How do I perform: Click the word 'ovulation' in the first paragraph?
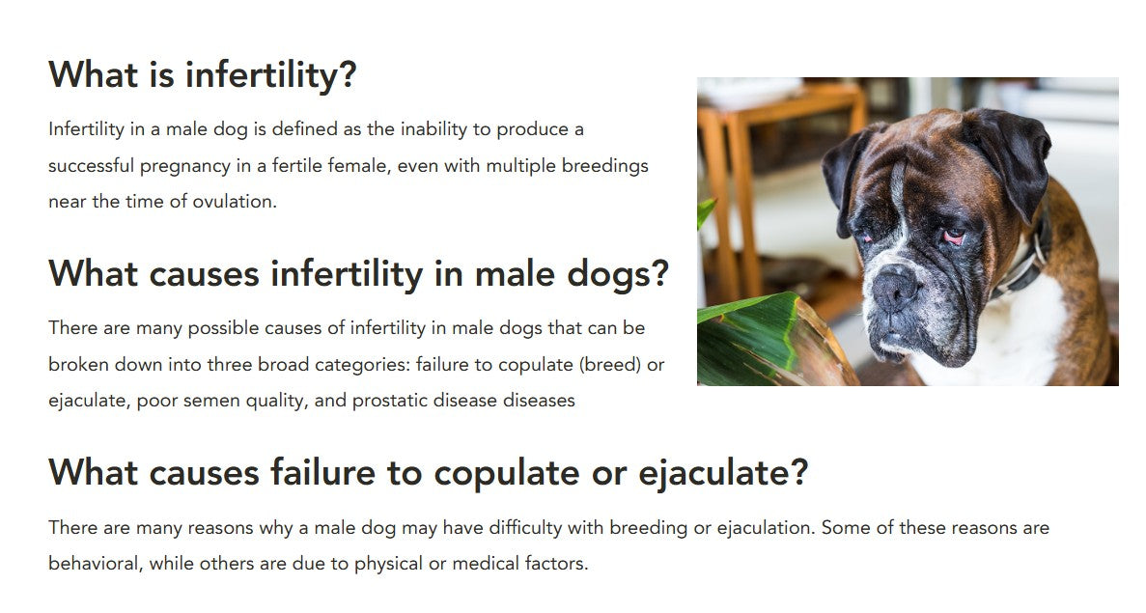click(x=234, y=202)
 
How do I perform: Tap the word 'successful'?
click(x=91, y=166)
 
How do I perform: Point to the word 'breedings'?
click(x=604, y=167)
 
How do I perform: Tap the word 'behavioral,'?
click(x=96, y=564)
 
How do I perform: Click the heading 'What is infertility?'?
click(x=203, y=74)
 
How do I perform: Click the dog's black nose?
click(x=896, y=286)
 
